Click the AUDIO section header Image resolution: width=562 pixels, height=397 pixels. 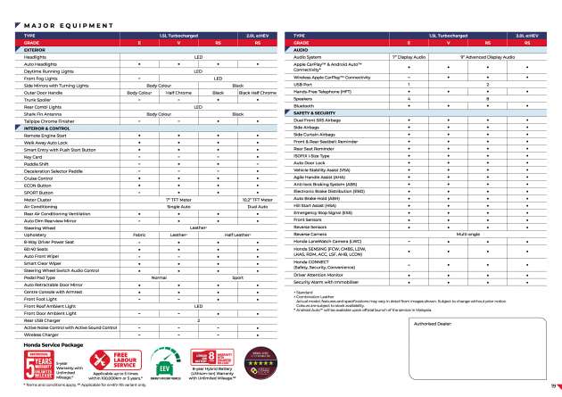click(x=302, y=50)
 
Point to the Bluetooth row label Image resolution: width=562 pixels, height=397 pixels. click(x=302, y=105)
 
